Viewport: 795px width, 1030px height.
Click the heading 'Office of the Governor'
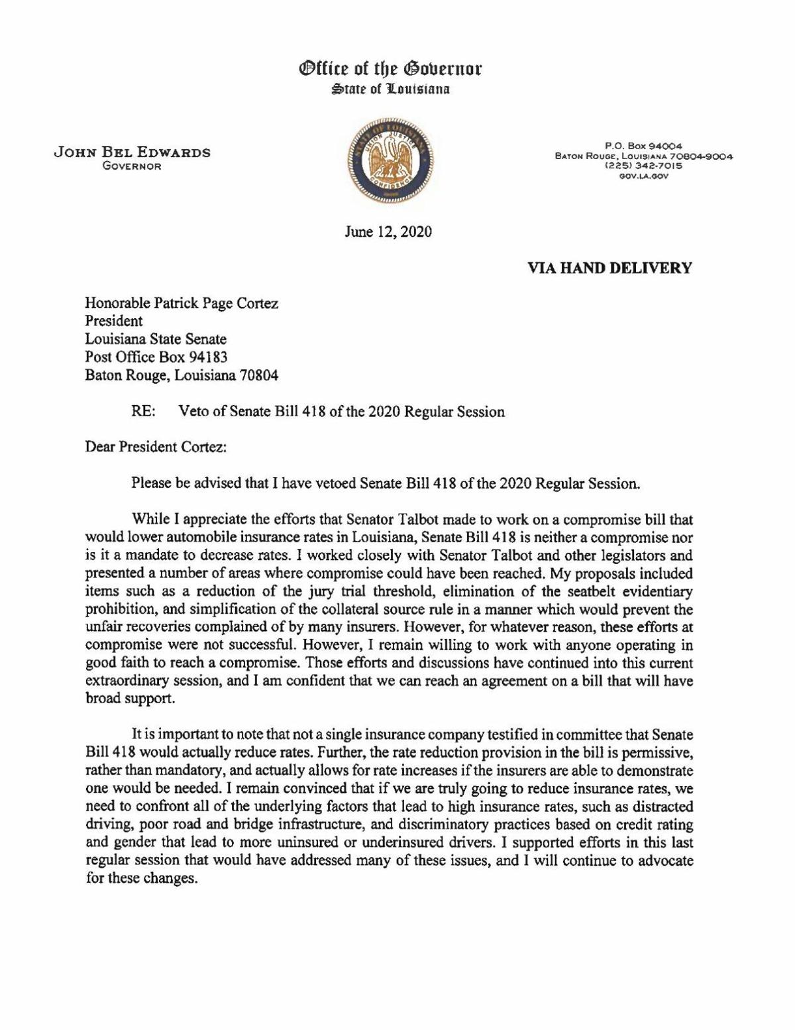click(391, 68)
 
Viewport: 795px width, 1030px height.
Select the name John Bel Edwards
click(132, 152)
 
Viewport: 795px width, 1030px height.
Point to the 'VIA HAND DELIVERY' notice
click(609, 268)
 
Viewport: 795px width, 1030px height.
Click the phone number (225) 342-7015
click(643, 166)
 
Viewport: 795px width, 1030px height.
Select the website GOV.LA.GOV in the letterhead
click(643, 176)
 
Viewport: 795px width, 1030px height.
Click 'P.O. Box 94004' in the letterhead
click(643, 146)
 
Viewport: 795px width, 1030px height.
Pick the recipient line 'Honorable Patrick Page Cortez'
click(182, 304)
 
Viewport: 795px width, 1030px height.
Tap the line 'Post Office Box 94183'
click(156, 357)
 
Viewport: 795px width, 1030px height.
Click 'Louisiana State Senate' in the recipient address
click(156, 339)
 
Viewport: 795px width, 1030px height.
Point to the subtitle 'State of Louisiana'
click(391, 87)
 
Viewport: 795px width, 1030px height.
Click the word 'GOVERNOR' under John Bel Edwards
click(132, 166)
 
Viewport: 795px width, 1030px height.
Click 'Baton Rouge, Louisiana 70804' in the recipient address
click(182, 375)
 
